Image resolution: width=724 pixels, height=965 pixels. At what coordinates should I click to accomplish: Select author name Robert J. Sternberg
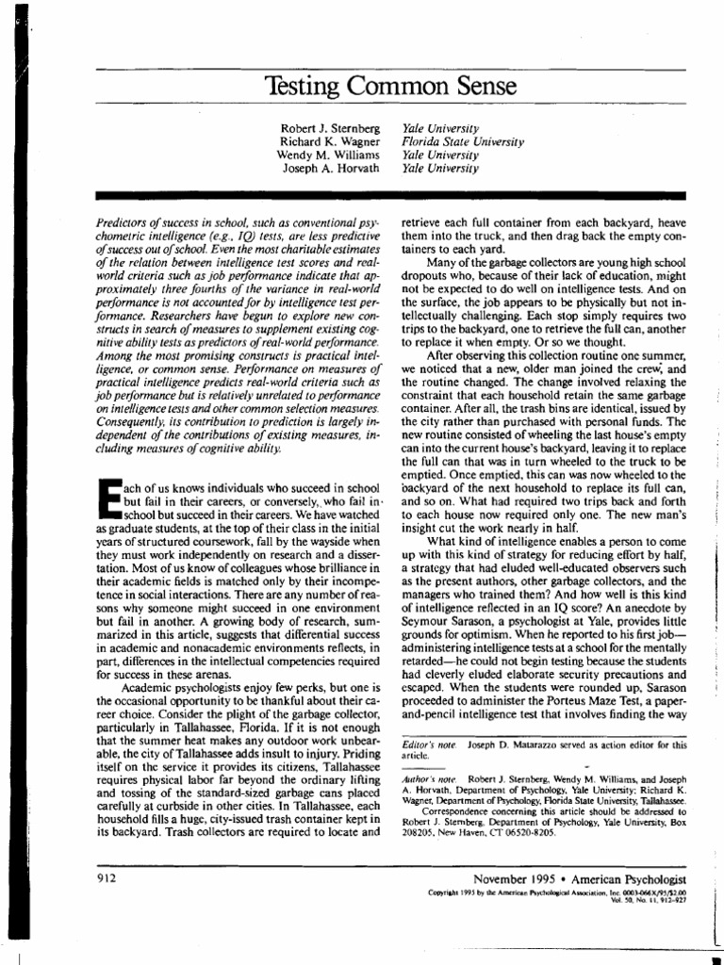(331, 127)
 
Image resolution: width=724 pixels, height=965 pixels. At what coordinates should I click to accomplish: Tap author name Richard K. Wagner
(332, 141)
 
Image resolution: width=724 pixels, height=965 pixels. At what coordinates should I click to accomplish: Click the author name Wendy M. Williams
(329, 155)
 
